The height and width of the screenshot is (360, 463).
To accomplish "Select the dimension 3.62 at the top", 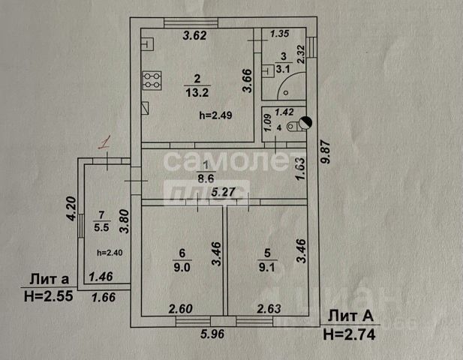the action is pos(196,35).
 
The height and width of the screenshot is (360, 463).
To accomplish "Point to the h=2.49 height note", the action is pos(216,115).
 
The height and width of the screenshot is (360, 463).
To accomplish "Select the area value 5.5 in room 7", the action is pos(101,226).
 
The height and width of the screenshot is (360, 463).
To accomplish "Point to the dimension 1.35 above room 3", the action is pos(279,34).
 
